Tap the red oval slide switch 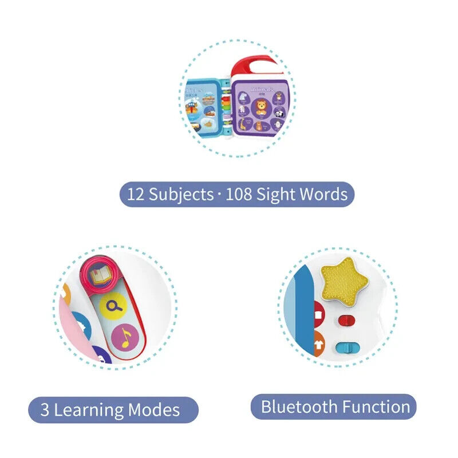[x=346, y=320]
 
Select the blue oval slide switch [x=344, y=348]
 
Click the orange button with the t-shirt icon [x=318, y=345]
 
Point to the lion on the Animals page [x=261, y=106]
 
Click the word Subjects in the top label [x=181, y=194]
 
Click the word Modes [x=154, y=410]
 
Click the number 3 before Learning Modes [x=45, y=410]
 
